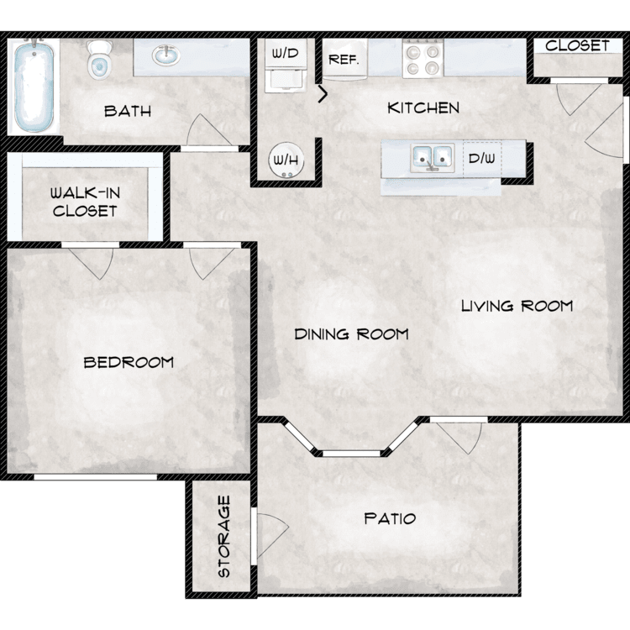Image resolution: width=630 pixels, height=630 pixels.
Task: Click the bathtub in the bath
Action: click(34, 87)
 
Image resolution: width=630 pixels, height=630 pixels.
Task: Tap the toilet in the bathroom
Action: click(98, 59)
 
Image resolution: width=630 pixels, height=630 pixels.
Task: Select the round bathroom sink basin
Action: click(165, 55)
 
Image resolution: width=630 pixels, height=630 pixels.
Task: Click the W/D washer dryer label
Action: click(286, 53)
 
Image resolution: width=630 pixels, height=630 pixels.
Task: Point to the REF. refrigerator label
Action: click(344, 60)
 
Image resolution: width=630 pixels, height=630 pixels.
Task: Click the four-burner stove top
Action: click(423, 59)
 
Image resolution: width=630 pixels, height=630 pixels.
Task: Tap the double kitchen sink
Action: click(433, 157)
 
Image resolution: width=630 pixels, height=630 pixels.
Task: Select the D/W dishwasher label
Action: click(482, 158)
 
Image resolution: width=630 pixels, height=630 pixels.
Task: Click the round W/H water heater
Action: click(286, 160)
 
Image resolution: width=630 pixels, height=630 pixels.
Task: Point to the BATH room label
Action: click(128, 111)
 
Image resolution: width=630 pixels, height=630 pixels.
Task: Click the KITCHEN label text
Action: click(423, 108)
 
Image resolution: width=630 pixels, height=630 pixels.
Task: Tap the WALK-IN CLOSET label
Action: click(85, 202)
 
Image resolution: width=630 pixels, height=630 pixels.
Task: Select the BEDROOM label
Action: click(129, 362)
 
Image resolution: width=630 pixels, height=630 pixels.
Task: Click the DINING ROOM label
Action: click(352, 333)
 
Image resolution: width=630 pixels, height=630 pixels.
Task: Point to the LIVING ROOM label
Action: click(517, 306)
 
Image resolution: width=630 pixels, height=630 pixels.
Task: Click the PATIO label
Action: click(390, 518)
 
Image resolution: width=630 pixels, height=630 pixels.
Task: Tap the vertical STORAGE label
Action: click(223, 537)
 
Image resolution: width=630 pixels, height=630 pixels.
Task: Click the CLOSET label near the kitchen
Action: click(577, 45)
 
